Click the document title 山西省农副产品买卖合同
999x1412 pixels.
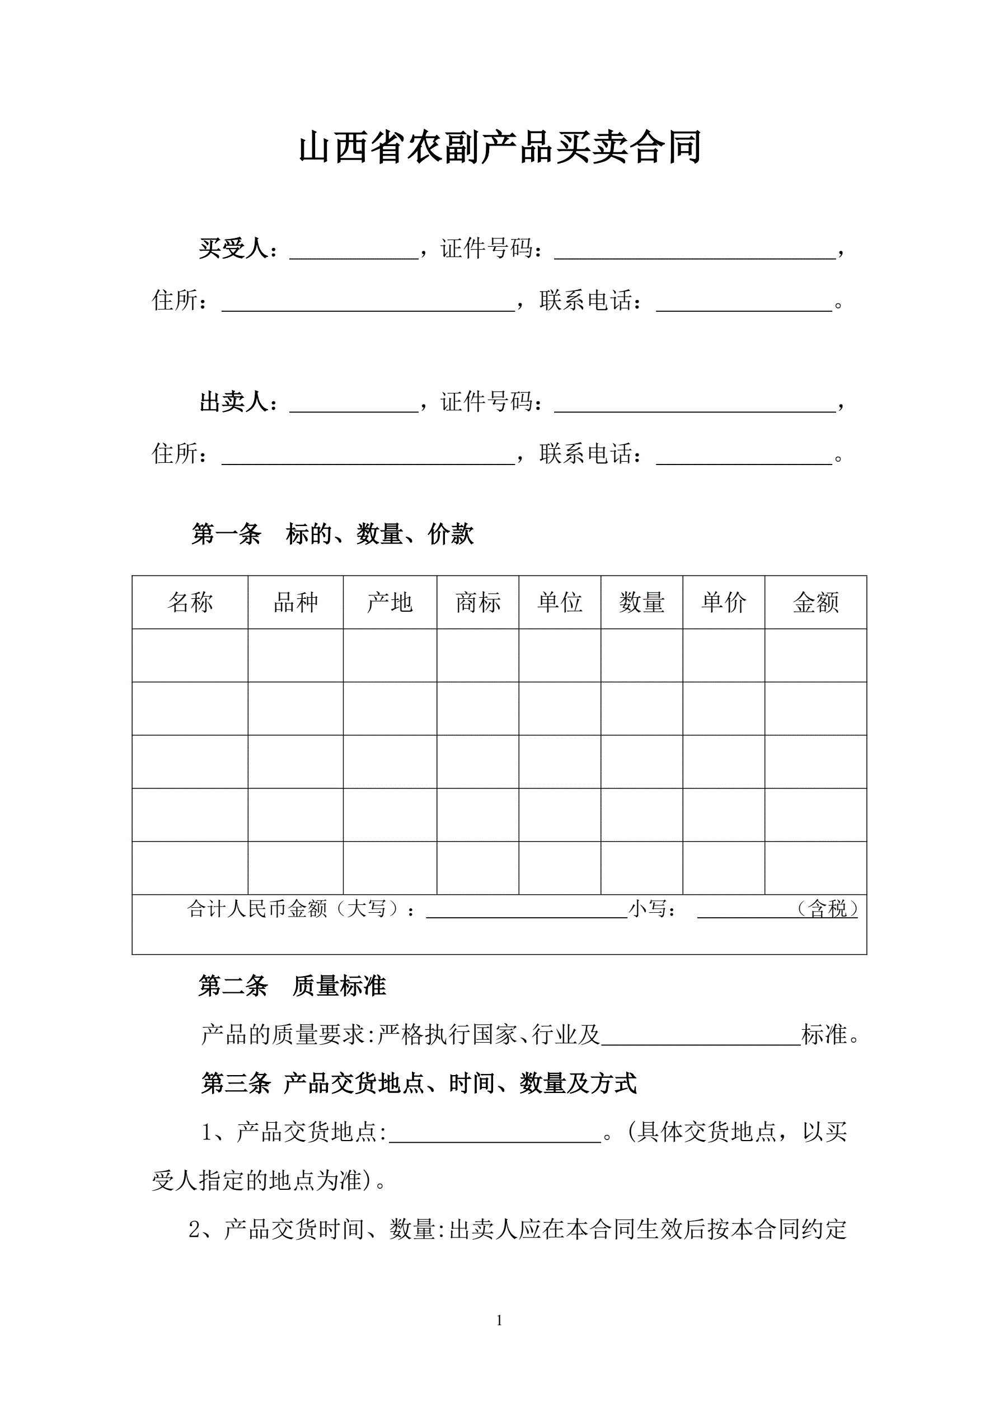pyautogui.click(x=499, y=148)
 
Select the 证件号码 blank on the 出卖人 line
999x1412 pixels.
pyautogui.click(x=695, y=406)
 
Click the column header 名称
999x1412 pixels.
pyautogui.click(x=190, y=602)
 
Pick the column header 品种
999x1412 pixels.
pyautogui.click(x=296, y=602)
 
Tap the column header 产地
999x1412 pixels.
pyautogui.click(x=390, y=602)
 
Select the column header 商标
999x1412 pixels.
pyautogui.click(x=478, y=602)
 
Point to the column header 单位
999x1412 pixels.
pyautogui.click(x=560, y=602)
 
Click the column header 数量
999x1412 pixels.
pyautogui.click(x=641, y=602)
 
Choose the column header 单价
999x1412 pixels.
pyautogui.click(x=724, y=602)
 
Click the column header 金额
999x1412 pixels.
pyautogui.click(x=815, y=602)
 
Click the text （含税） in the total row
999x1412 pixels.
pyautogui.click(x=827, y=908)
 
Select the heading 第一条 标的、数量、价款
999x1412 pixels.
pyautogui.click(x=333, y=534)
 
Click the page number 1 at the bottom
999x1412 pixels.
pyautogui.click(x=499, y=1320)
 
